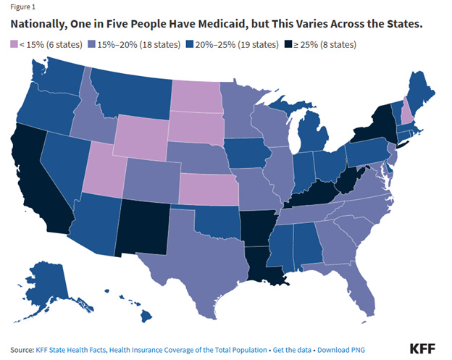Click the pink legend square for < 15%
click(x=14, y=43)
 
